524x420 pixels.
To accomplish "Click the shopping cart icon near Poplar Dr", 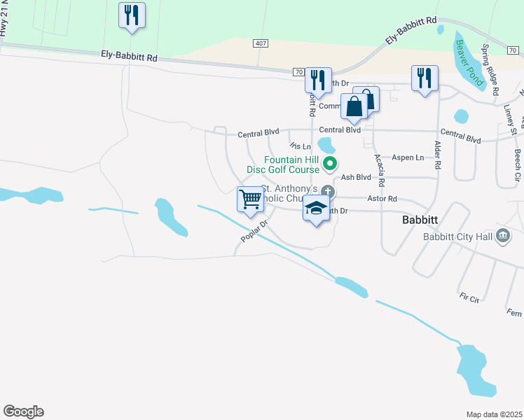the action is [250, 200].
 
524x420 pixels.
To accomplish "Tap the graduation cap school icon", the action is [317, 209].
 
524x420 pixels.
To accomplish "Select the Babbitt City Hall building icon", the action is [502, 237].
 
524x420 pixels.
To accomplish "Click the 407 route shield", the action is [261, 43].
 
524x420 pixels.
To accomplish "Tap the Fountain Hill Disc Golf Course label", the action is [283, 164].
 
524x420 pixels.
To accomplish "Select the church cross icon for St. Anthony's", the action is [327, 192].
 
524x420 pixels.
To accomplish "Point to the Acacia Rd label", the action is [379, 170].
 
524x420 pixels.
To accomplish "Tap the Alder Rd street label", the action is [439, 154].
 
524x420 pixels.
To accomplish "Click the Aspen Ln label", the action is [408, 157].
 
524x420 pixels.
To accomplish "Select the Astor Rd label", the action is [383, 199].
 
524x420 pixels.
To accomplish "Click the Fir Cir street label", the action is [469, 299].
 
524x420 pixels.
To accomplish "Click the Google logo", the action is [23, 412].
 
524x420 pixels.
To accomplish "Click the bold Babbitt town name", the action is [420, 219].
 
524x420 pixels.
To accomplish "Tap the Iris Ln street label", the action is [300, 146].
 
